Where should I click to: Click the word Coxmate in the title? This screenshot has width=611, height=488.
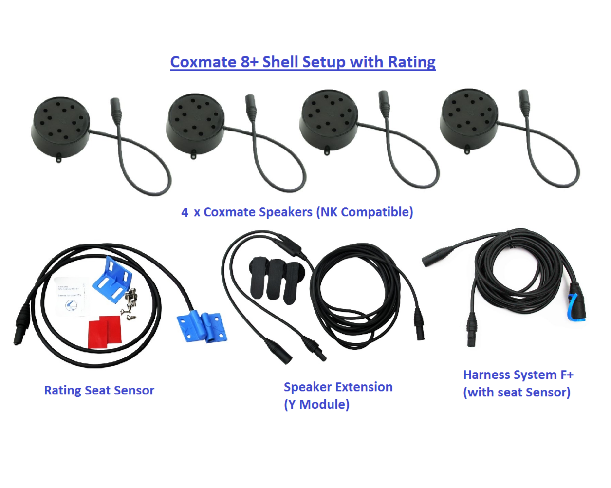coord(203,62)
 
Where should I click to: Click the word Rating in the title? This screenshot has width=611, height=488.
coord(411,62)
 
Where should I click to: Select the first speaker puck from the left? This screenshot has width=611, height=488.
coord(60,125)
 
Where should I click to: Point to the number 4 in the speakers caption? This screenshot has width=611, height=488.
coord(185,212)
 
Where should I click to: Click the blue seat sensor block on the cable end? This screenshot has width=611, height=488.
coord(202,327)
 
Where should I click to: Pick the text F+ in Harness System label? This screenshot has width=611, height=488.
coord(567,375)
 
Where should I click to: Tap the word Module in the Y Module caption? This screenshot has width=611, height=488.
coord(324,405)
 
